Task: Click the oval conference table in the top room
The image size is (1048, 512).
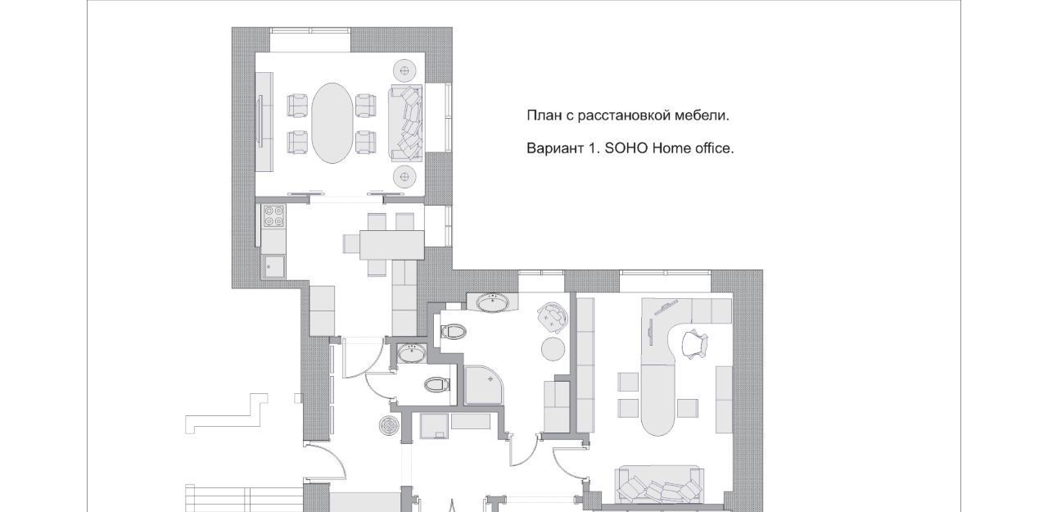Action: tap(332, 123)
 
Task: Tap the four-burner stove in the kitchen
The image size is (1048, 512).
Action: tap(273, 216)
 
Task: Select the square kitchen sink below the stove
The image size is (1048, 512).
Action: tap(273, 266)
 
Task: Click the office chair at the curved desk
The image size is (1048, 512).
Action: tap(695, 344)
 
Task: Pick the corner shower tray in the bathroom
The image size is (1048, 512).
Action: tap(486, 385)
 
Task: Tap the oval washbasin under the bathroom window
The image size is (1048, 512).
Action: tap(493, 302)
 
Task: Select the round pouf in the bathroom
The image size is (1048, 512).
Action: tap(553, 349)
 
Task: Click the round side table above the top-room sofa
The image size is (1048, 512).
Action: tap(405, 71)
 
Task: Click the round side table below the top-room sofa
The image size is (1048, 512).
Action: tap(405, 177)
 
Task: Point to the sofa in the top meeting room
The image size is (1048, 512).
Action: tap(405, 124)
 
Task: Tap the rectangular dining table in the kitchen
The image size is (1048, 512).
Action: tap(392, 245)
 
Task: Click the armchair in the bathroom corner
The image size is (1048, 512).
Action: tap(553, 317)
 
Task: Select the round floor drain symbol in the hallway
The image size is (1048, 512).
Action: tap(389, 425)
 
